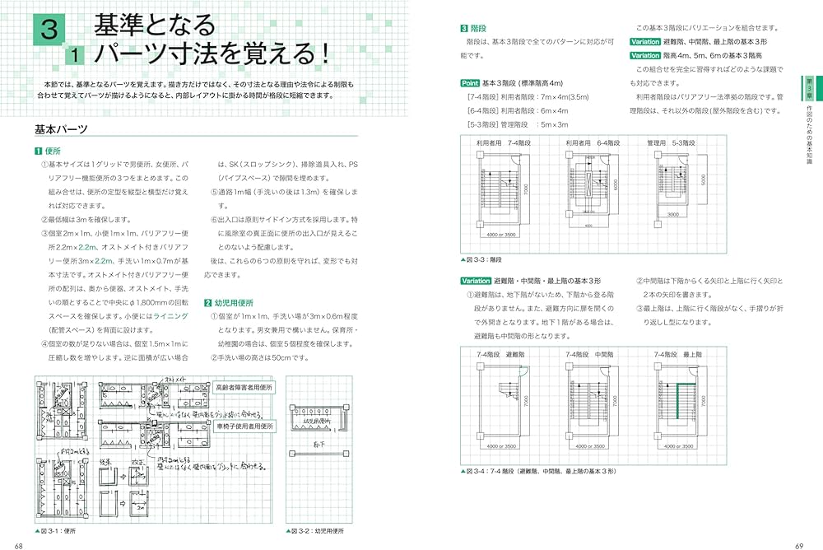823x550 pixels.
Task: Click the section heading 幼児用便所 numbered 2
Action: [x=231, y=302]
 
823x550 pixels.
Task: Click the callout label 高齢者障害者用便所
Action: [x=244, y=386]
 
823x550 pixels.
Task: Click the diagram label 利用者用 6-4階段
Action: [x=592, y=142]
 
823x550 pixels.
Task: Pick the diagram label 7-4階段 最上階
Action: [x=677, y=355]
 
